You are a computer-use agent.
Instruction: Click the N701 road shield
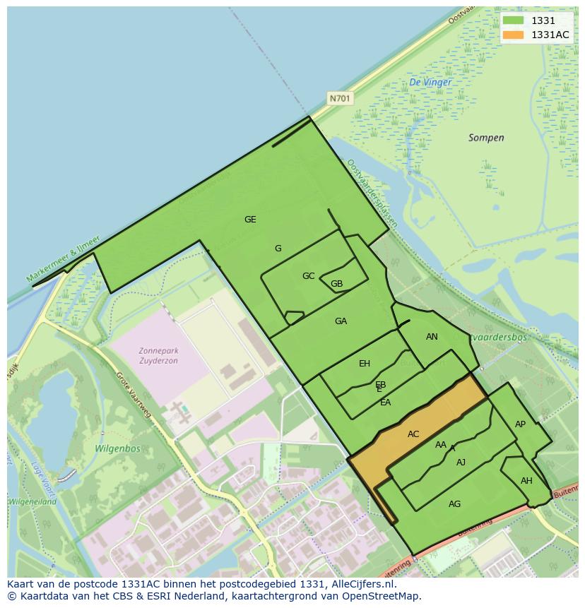point(340,99)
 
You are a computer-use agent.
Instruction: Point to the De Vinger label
point(430,83)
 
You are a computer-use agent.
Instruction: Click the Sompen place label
point(486,138)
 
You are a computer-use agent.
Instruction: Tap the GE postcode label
point(250,220)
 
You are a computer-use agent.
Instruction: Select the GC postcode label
point(308,276)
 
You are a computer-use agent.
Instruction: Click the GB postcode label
point(336,285)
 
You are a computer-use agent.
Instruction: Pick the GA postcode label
point(341,321)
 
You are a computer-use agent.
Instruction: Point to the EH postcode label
point(365,364)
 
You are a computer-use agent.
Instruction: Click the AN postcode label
point(432,337)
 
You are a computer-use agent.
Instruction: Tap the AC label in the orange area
point(413,434)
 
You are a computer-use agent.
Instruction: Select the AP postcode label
point(520,424)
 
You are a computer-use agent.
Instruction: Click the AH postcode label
point(526,481)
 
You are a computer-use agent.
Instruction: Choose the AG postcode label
point(454,504)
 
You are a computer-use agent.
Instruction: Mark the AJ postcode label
point(461,463)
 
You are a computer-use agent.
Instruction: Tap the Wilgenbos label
point(117,448)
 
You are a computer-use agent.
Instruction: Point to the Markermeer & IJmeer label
point(64,259)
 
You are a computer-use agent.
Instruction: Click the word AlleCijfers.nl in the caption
point(365,585)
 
